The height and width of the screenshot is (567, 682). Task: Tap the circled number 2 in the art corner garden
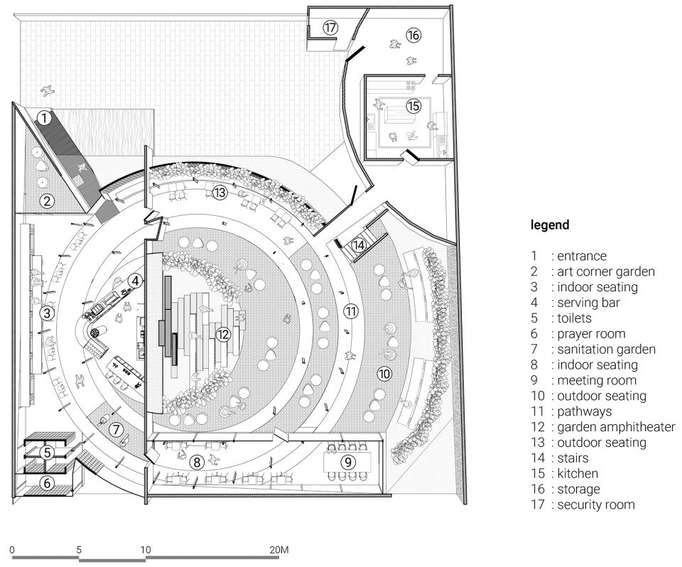(46, 201)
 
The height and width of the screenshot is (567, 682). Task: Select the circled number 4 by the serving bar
(135, 281)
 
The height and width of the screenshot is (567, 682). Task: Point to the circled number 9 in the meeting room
(348, 462)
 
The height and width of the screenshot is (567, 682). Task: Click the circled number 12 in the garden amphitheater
(223, 334)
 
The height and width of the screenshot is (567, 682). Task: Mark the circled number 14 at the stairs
(359, 245)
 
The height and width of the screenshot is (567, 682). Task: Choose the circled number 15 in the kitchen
(413, 106)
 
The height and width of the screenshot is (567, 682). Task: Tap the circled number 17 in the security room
(330, 27)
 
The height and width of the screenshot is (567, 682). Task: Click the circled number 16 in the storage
(413, 34)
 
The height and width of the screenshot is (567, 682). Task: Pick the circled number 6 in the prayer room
(46, 483)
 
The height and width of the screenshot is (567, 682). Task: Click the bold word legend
(550, 225)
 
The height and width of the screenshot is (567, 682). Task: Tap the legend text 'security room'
(596, 504)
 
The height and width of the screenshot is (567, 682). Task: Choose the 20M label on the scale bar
(278, 550)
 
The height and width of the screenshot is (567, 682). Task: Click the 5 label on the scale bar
(79, 550)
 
